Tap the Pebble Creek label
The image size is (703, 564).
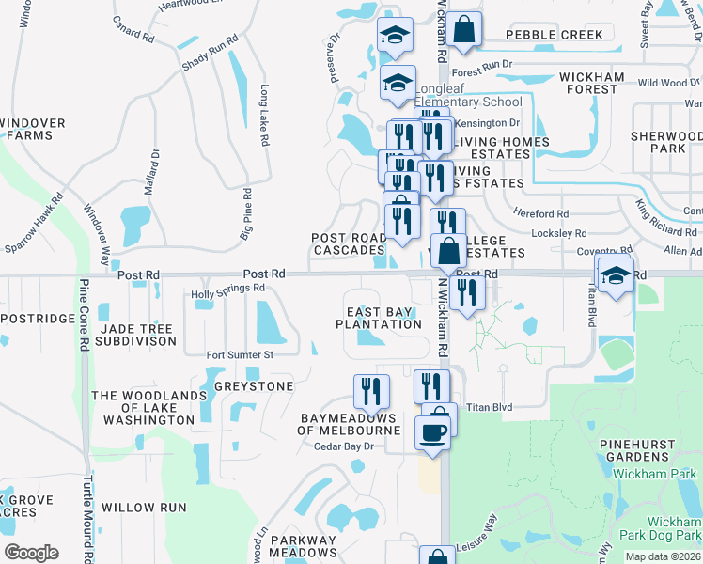tap(554, 35)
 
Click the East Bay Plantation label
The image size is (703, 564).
tap(379, 318)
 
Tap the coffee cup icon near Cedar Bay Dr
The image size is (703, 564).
tap(433, 431)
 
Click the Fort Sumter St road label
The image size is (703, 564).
tap(240, 355)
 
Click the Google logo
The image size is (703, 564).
tap(31, 553)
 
